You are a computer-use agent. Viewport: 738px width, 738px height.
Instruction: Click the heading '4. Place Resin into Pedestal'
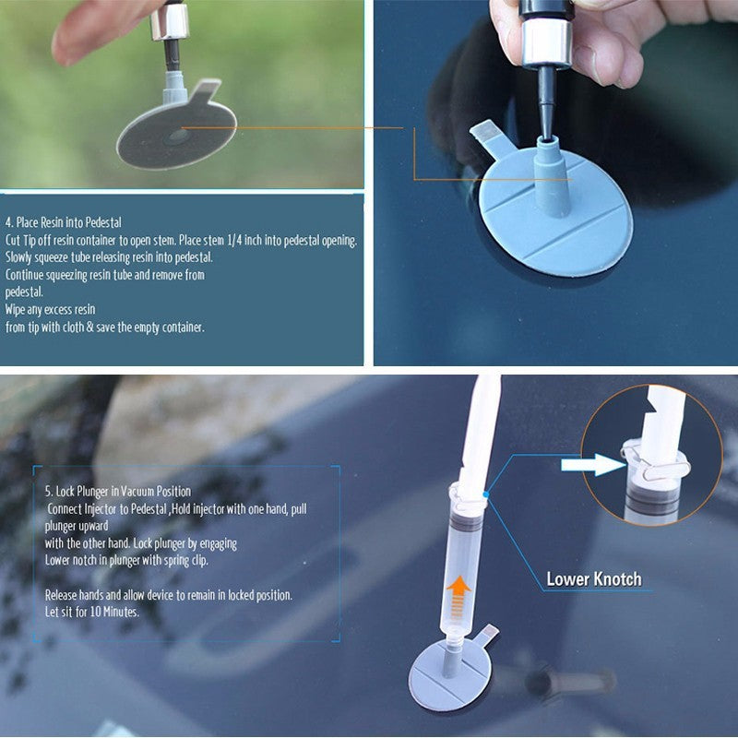63,222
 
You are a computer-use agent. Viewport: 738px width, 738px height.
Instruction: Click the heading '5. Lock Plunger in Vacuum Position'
118,491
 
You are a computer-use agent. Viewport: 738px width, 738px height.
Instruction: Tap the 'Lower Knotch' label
593,579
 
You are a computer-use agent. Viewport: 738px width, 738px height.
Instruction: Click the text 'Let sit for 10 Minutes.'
92,612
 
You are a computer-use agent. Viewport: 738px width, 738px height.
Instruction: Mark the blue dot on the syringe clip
483,495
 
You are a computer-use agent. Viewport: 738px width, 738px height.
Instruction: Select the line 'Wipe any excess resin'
51,309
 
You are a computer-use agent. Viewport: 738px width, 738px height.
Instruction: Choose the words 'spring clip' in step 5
212,560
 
